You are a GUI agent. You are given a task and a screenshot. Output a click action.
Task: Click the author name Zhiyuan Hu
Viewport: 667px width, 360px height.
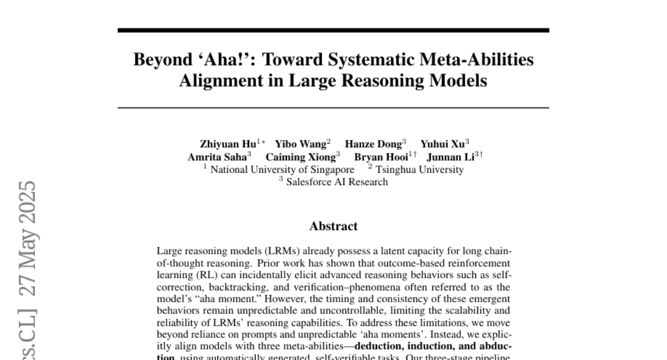pos(228,144)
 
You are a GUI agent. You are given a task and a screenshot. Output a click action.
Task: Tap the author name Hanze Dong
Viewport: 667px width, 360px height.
pos(373,144)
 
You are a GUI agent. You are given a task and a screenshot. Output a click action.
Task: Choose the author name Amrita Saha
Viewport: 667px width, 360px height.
pos(217,157)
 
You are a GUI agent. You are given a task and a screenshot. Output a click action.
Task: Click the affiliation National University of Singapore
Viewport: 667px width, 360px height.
pos(282,169)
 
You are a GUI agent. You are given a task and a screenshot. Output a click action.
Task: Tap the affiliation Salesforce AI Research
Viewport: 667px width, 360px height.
pos(337,182)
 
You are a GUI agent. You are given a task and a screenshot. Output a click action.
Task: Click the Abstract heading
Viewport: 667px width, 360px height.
pos(333,226)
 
